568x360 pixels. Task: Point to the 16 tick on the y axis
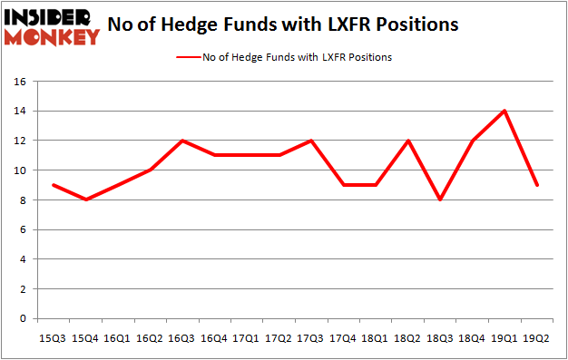coord(20,82)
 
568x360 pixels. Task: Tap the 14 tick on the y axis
coord(20,111)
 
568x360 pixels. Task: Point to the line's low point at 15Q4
coord(86,199)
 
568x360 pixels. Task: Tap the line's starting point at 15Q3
coord(54,185)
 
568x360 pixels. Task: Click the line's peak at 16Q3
coord(183,141)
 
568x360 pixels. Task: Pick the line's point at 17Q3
coord(312,141)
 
